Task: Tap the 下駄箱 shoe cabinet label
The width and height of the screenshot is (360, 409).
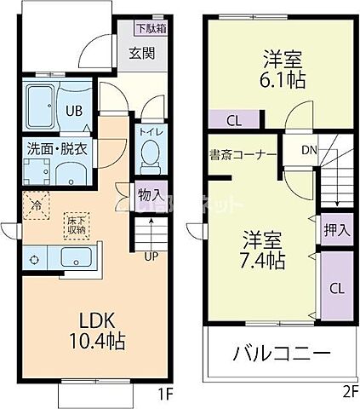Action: click(x=151, y=27)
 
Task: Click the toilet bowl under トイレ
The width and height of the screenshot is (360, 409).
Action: click(x=150, y=156)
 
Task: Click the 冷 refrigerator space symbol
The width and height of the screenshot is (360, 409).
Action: click(x=36, y=204)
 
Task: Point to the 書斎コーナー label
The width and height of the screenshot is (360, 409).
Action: click(x=243, y=155)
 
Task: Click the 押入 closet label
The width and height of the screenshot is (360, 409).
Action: click(x=336, y=229)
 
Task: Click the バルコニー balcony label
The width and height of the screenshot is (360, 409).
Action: click(x=281, y=354)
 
